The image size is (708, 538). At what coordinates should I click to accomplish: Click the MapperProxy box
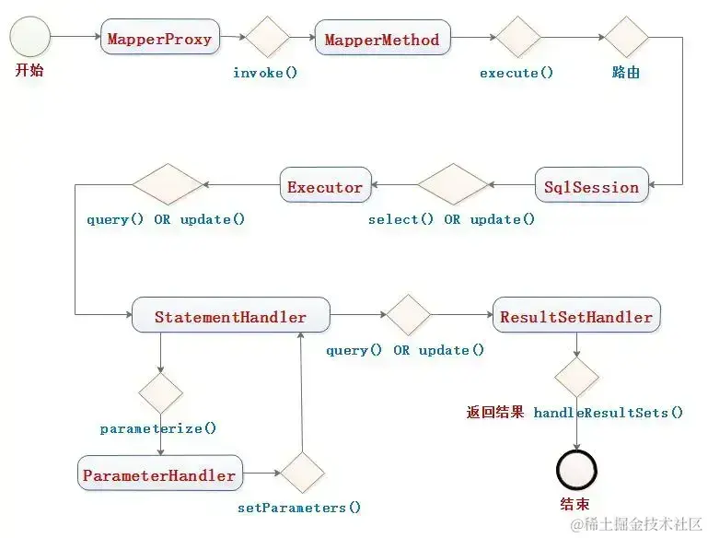click(159, 39)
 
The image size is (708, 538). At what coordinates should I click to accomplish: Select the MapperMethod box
click(382, 40)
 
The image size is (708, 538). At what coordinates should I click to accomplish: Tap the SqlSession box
click(592, 186)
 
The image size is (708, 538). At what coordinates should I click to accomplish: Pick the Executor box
click(325, 186)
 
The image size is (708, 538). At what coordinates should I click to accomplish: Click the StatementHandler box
click(230, 316)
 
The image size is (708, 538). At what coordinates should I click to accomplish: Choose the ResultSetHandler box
click(576, 316)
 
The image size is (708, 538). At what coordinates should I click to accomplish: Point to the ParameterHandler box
click(160, 475)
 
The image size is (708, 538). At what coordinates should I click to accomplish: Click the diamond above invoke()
click(267, 39)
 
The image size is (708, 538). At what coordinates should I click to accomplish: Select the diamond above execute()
click(518, 39)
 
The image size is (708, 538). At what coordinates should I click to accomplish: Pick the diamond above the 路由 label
click(626, 39)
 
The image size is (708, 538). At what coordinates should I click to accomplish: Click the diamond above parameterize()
click(160, 392)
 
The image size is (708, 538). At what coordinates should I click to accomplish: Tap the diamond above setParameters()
click(302, 474)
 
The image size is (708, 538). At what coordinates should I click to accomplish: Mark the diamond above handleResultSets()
click(576, 378)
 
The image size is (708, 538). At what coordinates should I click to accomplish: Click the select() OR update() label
click(451, 219)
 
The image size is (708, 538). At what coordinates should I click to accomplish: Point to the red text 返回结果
click(494, 412)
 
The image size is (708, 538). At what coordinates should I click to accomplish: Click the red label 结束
click(575, 504)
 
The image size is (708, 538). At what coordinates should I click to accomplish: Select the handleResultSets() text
click(609, 412)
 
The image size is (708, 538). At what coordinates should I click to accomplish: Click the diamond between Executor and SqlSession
click(451, 185)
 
